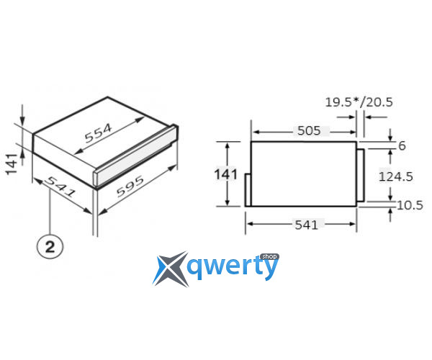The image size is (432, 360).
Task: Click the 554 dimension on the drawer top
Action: pos(99,133)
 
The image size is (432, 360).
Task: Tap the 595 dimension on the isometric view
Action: pos(130,186)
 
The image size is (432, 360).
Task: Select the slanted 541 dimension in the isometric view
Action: pos(60,187)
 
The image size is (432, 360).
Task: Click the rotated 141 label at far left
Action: pos(12,164)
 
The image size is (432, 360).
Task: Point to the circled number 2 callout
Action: pos(50,246)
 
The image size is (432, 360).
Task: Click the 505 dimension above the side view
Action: pos(309,130)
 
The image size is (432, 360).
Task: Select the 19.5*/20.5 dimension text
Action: pos(359,102)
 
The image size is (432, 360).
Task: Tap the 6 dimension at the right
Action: pos(402,145)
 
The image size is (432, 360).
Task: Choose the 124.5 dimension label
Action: pos(395,176)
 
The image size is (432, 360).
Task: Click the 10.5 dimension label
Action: pos(410,205)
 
